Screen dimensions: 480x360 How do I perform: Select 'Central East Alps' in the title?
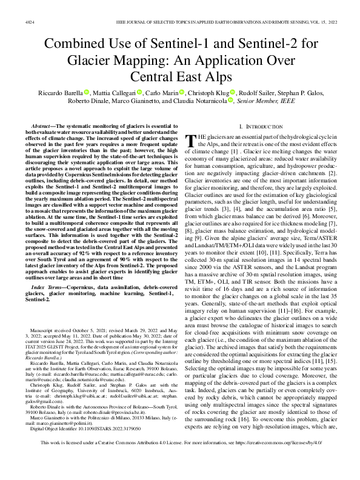(179, 78)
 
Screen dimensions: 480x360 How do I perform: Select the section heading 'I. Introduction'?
(259, 126)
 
